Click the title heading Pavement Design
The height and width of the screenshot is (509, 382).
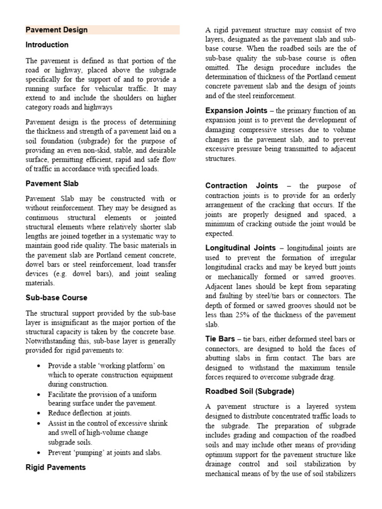57,30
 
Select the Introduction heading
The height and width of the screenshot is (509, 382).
47,45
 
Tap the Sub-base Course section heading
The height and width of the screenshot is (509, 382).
57,298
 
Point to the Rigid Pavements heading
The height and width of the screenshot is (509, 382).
56,467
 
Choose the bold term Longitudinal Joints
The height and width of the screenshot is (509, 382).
240,248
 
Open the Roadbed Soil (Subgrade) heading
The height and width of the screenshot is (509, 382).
250,391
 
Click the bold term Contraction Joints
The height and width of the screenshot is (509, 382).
242,185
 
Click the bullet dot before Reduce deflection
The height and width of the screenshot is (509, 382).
39,413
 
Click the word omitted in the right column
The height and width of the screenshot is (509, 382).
219,68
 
